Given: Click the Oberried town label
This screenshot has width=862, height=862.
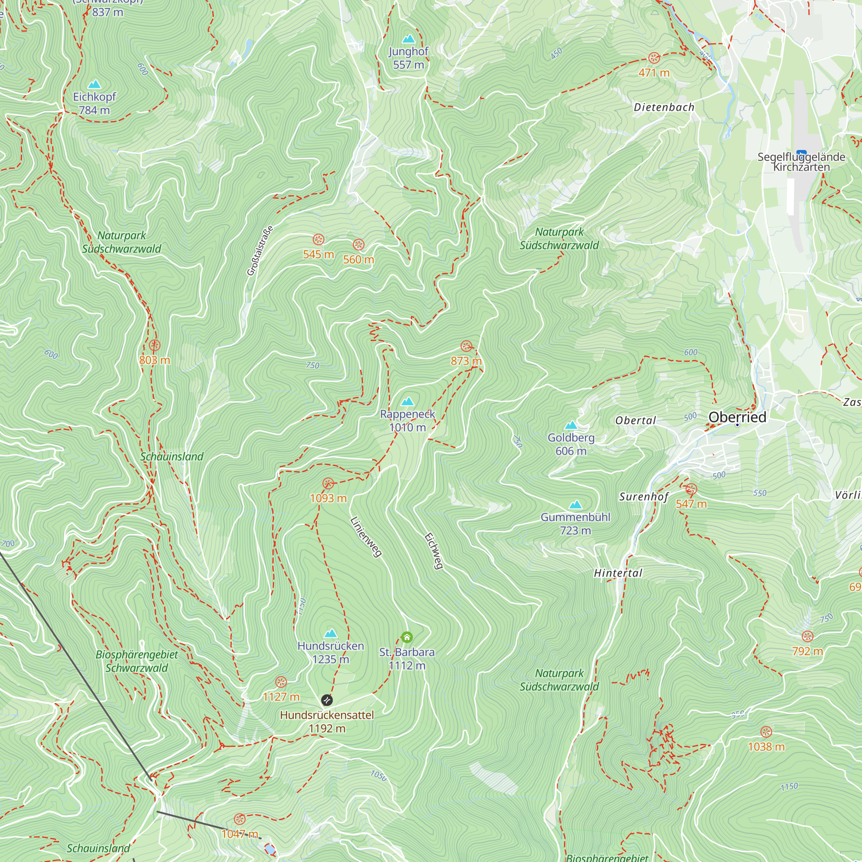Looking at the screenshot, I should click(x=737, y=417).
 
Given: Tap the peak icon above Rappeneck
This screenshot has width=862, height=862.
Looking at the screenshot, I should click(x=407, y=402).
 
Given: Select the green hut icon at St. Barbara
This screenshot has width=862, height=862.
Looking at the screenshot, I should click(x=406, y=637).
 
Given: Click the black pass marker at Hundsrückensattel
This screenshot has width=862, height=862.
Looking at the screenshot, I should click(x=327, y=700).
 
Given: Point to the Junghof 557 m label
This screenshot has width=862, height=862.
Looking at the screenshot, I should click(x=408, y=58).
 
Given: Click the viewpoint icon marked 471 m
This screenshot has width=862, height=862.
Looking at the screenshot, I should click(x=654, y=58).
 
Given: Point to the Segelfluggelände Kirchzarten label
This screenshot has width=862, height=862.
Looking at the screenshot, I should click(x=801, y=162).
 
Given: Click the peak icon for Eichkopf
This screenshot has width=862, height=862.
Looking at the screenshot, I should click(x=94, y=84).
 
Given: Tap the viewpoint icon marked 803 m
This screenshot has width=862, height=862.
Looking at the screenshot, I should click(x=154, y=345).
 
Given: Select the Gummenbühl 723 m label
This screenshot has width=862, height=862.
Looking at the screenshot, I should click(x=575, y=523).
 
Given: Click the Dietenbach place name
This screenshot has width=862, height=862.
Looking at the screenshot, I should click(x=664, y=107).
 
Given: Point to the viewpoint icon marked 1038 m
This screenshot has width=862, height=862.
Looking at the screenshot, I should click(x=765, y=732).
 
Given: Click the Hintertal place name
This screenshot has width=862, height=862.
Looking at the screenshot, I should click(x=618, y=573).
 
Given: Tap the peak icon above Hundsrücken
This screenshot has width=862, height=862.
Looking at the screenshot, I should click(x=330, y=634).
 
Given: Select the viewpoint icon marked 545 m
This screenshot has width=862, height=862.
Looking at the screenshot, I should click(x=318, y=240).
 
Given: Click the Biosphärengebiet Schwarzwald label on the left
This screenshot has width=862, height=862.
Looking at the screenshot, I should click(x=137, y=661).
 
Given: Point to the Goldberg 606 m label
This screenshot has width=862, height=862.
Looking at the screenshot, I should click(x=571, y=444).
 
